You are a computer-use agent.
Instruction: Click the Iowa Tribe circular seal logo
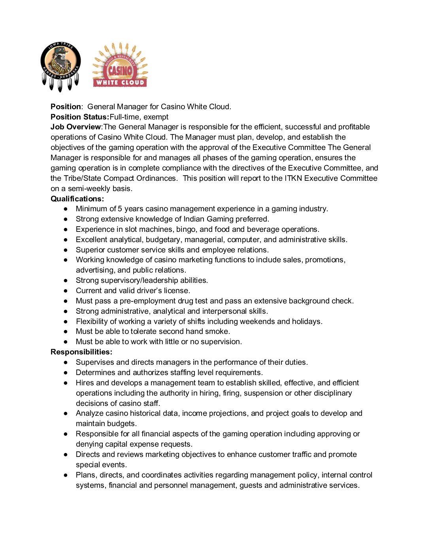(60, 66)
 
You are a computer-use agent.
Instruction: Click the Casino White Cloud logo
(120, 65)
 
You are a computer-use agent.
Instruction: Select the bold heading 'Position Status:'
(79, 117)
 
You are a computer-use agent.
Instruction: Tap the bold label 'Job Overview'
(75, 127)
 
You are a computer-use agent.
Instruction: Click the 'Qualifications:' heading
(77, 199)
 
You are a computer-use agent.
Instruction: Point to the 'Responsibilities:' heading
(81, 352)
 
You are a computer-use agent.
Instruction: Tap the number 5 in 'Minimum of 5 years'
(120, 209)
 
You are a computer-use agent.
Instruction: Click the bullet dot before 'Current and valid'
(66, 291)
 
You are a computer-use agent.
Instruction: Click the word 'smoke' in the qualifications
(218, 332)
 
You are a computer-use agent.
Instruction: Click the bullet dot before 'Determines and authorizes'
(66, 373)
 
